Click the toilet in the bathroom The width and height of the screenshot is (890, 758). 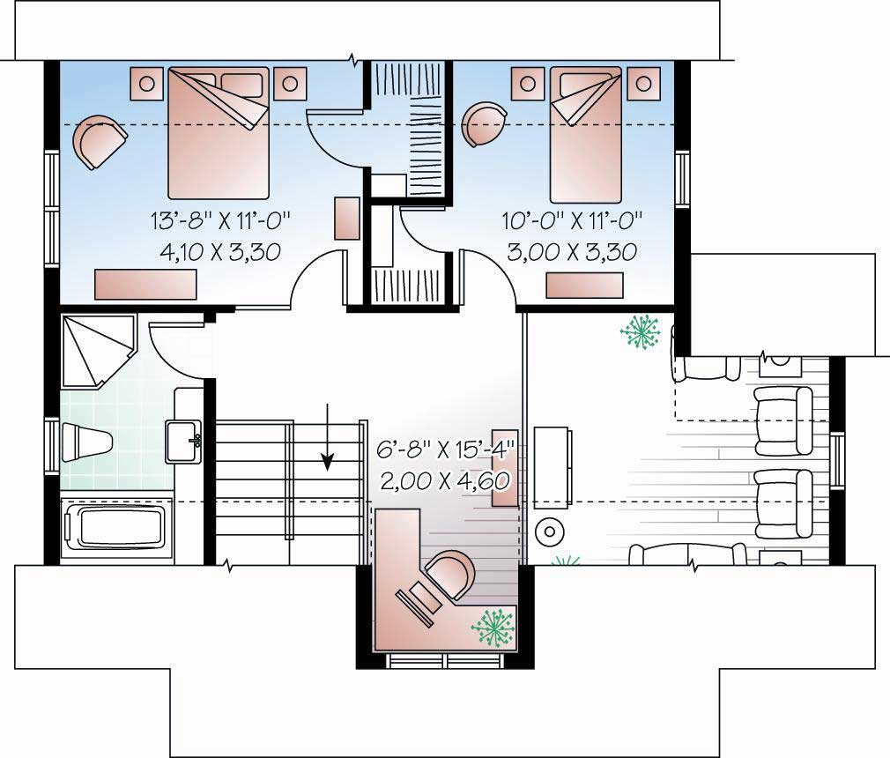point(86,440)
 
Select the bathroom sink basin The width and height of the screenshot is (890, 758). point(186,438)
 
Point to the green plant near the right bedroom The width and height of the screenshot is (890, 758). point(641,333)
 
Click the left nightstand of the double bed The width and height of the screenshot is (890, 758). point(146,84)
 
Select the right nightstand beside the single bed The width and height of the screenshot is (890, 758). point(647,83)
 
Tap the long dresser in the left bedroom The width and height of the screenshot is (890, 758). point(145,285)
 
